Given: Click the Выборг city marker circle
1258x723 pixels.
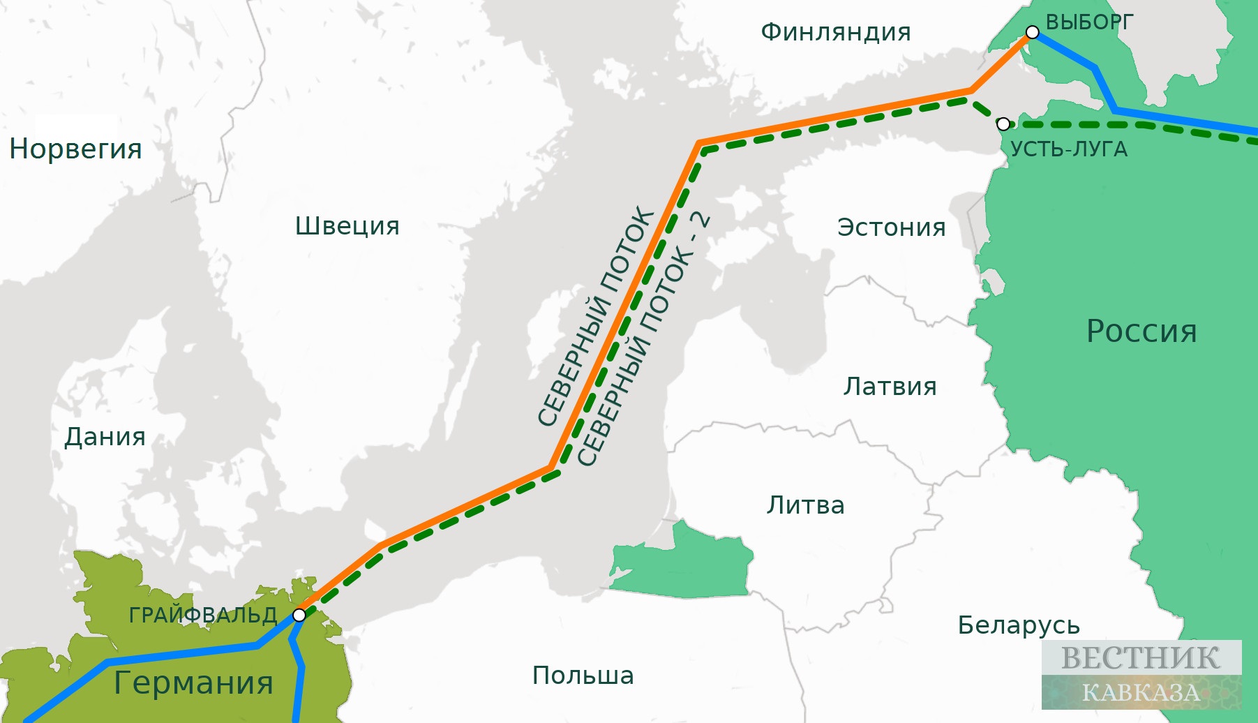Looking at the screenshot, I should [1032, 32].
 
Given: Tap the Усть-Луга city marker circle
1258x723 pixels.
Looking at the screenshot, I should [1003, 124].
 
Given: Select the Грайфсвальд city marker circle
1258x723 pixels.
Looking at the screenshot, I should [299, 615].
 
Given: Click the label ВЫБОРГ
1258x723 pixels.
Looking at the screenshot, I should [1089, 22].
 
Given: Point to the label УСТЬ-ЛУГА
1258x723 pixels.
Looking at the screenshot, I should [1068, 149].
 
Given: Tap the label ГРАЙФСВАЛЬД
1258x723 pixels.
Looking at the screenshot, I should [203, 615].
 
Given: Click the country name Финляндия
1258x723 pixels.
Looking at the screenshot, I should [835, 32].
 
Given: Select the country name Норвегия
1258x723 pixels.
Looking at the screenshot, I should [75, 149].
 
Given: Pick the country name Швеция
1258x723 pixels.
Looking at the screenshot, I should [347, 226].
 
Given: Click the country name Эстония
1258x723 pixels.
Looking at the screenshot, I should [891, 228].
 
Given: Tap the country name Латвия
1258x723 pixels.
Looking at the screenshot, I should [890, 386].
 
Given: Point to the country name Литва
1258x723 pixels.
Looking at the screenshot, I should [805, 505].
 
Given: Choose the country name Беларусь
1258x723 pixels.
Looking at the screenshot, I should [1018, 625].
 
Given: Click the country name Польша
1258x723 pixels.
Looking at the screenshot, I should [583, 676].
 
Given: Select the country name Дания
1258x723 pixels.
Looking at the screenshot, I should [105, 437].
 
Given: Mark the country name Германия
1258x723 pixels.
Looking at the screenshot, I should [193, 683].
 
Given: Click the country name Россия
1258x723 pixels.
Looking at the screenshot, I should [1141, 331].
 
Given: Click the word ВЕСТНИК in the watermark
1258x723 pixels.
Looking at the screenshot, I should [1140, 658].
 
